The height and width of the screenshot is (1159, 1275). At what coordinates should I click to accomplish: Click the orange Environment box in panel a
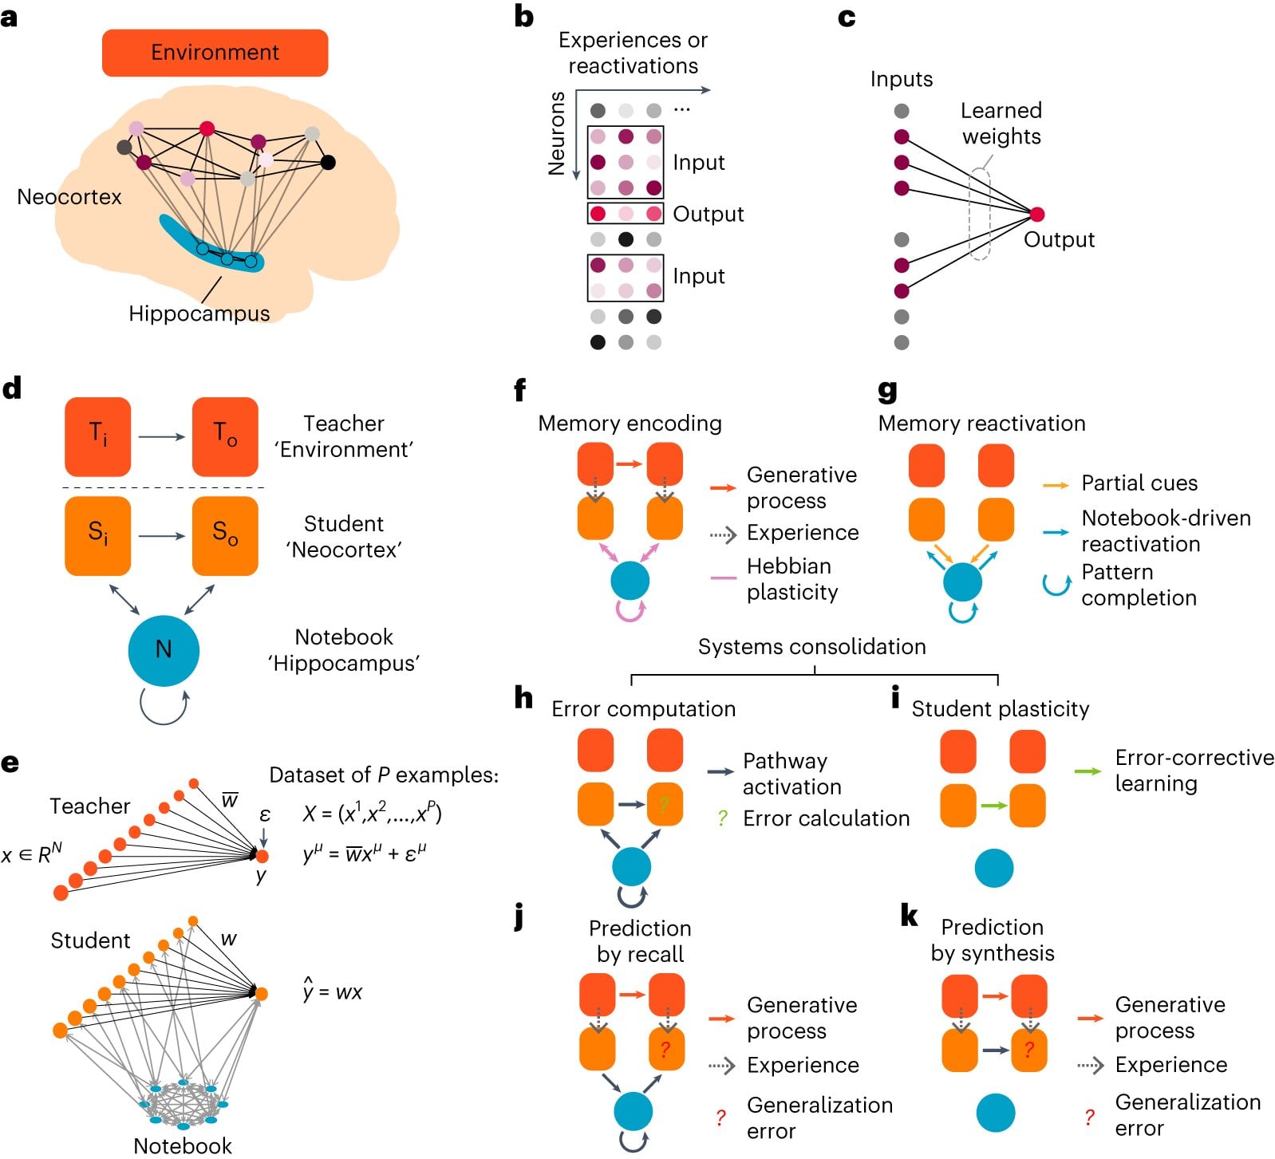point(215,53)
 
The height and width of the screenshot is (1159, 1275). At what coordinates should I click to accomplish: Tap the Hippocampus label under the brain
point(199,313)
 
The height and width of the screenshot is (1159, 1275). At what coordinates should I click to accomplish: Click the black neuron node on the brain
point(327,163)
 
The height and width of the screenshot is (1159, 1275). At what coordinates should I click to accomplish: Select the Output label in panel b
point(708,214)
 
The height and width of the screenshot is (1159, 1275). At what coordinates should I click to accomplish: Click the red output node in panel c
point(1036,214)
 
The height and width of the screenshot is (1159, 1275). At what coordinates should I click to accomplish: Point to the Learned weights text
point(1001,123)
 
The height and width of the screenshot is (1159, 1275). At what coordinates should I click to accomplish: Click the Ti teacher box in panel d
point(97,436)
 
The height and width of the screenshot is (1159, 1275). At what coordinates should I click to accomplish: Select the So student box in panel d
point(225,535)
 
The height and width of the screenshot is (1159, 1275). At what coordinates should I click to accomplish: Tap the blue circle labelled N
point(164,650)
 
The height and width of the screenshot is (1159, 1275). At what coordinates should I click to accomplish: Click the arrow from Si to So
point(161,536)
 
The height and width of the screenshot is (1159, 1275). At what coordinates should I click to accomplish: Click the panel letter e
point(10,763)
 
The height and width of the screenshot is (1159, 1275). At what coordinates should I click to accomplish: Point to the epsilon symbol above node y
point(265,814)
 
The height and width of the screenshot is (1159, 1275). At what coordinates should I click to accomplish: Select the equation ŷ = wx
point(333,991)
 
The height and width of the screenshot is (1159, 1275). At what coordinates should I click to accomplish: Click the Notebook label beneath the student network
point(182,1145)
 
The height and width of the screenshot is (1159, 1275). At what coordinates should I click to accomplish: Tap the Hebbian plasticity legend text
point(791,578)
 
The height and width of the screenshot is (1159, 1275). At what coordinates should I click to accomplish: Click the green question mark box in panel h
point(664,804)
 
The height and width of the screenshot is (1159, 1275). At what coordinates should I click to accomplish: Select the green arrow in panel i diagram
point(993,806)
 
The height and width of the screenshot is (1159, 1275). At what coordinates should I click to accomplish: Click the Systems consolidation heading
point(811,646)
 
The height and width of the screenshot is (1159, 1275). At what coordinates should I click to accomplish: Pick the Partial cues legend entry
point(1139,483)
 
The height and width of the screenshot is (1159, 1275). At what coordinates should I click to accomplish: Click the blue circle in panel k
point(995,1113)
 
